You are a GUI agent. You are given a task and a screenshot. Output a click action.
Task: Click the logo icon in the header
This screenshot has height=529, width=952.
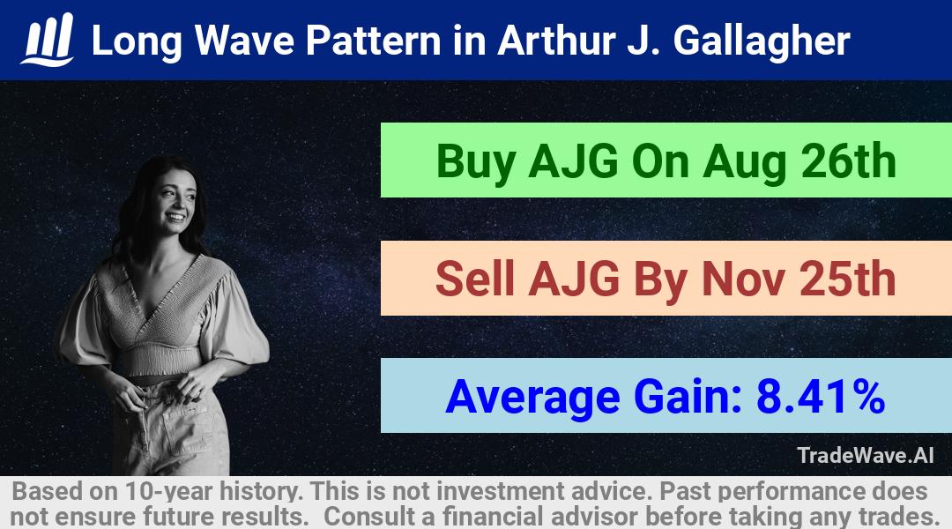click(48, 40)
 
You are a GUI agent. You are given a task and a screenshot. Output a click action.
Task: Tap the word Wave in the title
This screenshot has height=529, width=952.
click(245, 41)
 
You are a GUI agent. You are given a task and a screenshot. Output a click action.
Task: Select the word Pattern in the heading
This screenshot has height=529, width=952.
click(374, 41)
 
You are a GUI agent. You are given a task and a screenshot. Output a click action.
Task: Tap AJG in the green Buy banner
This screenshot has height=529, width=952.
click(574, 161)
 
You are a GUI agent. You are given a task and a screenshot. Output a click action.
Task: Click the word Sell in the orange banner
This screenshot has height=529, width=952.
click(475, 279)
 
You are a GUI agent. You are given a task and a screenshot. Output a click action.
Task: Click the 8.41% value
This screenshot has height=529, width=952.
click(821, 397)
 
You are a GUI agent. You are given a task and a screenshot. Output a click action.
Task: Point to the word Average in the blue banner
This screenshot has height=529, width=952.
click(532, 399)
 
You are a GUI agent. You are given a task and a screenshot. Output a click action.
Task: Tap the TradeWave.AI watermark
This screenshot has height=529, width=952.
click(866, 455)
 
